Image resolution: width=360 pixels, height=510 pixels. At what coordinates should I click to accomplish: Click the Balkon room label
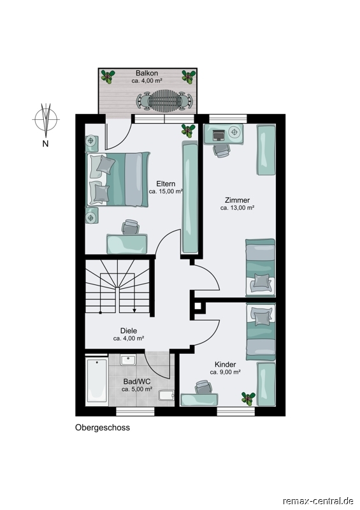click(147, 73)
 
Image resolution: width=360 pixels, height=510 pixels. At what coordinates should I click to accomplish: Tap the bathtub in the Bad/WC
click(97, 381)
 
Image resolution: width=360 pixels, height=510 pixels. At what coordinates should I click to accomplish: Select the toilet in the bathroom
click(166, 395)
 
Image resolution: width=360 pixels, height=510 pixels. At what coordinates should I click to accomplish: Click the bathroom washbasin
click(128, 360)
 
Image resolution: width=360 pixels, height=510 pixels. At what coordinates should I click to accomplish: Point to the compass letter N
click(45, 143)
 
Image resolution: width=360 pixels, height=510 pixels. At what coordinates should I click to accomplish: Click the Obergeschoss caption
click(103, 427)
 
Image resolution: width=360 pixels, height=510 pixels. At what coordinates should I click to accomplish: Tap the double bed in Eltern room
click(118, 179)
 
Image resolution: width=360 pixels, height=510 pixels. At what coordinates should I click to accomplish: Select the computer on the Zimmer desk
click(218, 134)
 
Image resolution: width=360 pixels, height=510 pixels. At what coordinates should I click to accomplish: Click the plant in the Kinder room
click(248, 398)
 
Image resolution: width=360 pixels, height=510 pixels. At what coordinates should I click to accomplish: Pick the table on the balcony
click(164, 101)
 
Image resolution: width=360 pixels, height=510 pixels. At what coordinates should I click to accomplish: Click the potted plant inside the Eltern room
click(189, 131)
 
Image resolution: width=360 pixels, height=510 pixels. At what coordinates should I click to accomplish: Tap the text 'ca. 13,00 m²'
click(237, 208)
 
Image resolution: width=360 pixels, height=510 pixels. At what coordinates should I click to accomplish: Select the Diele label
click(129, 331)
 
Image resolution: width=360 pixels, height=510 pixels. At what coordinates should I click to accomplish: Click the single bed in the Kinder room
click(261, 331)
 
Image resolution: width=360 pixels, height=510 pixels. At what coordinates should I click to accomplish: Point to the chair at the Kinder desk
click(204, 386)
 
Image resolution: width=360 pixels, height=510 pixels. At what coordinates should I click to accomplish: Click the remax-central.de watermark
click(318, 500)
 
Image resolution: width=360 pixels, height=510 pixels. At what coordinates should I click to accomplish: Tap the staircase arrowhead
click(134, 310)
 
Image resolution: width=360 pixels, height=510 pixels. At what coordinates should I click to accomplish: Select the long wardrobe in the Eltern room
click(190, 197)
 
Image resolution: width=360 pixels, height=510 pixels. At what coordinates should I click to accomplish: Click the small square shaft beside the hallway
click(198, 306)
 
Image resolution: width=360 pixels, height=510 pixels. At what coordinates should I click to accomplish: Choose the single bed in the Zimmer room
click(260, 268)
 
